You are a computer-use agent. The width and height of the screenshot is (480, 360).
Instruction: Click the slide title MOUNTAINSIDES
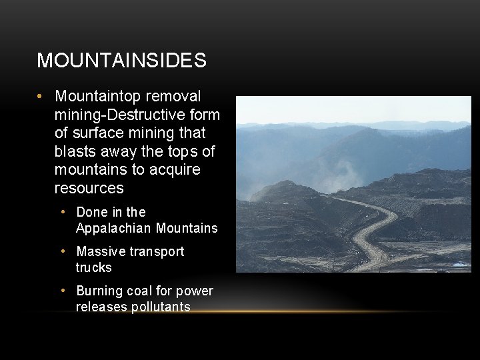121,61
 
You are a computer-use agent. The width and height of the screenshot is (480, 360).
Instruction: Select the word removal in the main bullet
175,97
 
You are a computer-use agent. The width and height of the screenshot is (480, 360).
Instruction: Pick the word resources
89,188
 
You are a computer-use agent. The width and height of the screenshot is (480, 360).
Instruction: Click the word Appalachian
114,228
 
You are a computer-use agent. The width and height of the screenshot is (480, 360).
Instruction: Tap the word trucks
94,267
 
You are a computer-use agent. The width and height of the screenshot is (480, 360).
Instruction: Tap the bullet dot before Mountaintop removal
41,97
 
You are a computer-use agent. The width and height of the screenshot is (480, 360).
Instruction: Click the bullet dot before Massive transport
63,251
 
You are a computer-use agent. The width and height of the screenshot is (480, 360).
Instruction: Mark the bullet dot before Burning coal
63,291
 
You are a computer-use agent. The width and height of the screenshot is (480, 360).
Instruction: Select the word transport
158,251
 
